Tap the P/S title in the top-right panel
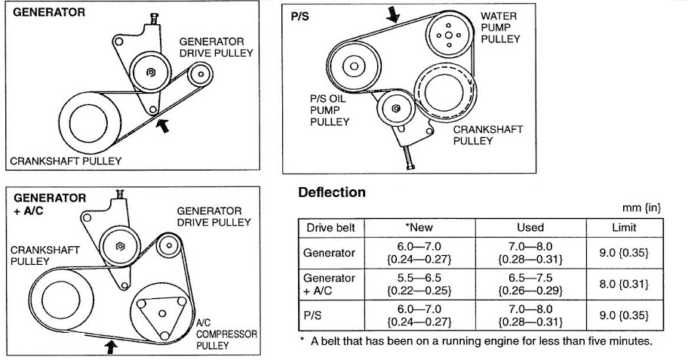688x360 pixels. click(299, 14)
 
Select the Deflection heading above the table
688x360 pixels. click(333, 192)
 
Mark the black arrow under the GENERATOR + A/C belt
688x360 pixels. click(112, 345)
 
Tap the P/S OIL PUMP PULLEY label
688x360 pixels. click(330, 109)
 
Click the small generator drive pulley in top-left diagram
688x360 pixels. click(199, 73)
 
